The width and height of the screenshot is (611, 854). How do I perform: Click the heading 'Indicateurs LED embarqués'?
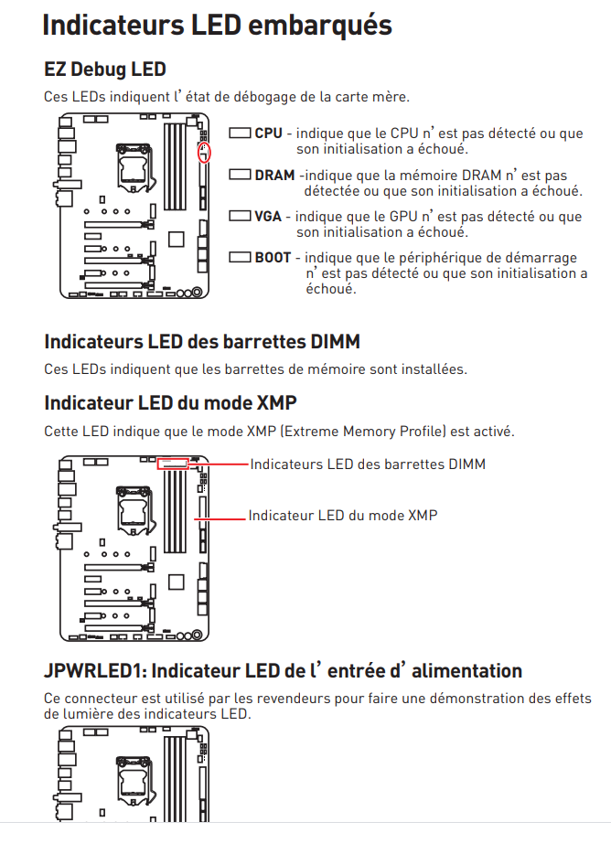[217, 25]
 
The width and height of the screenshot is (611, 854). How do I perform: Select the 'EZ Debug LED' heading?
[104, 69]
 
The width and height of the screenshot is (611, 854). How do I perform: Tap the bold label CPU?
[268, 133]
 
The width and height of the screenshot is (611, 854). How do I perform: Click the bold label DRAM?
[274, 176]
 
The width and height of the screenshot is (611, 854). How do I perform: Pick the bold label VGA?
[268, 217]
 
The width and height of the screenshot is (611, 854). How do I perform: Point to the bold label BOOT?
[273, 258]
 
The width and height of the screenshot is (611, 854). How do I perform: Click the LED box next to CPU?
[240, 133]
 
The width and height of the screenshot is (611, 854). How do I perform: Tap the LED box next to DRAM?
[240, 175]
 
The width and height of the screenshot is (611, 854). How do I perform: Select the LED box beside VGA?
[240, 217]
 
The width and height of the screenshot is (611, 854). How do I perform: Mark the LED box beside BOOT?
[240, 258]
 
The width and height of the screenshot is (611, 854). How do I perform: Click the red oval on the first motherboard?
[204, 153]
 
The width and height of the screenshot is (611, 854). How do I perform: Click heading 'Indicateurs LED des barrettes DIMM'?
[201, 342]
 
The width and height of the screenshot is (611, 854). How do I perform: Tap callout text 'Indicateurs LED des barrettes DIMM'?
[368, 464]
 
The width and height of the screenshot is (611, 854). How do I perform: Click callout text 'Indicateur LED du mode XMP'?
[343, 516]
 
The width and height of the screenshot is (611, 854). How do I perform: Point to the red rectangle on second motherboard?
[172, 464]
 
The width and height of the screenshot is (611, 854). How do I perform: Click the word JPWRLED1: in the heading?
[95, 671]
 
